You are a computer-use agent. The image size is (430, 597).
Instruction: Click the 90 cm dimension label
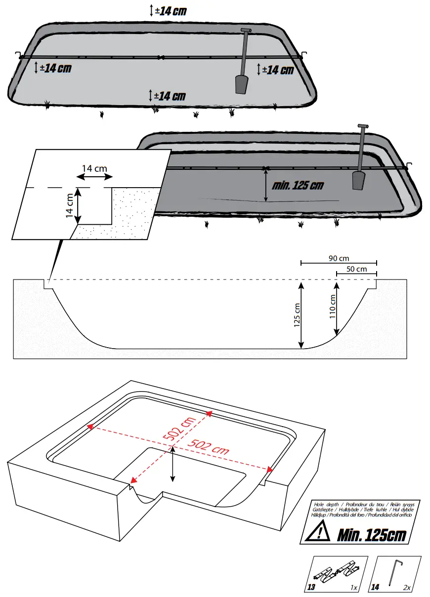point(339,258)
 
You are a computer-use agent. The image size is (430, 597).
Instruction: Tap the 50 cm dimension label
point(356,269)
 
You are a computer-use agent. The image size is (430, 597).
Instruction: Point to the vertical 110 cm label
point(332,306)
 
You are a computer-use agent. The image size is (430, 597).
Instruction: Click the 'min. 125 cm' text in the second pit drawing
point(298,186)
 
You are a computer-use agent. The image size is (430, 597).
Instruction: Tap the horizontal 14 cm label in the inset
point(94,168)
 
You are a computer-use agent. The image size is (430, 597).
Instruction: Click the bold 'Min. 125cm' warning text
point(371,534)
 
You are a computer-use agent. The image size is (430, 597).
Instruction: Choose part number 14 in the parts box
point(375,588)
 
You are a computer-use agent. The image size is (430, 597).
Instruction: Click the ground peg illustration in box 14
point(396,573)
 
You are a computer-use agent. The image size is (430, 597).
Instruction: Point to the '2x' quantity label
point(407,588)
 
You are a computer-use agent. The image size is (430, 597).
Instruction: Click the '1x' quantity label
point(353,588)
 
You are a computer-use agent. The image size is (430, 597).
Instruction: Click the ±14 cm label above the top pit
point(171,11)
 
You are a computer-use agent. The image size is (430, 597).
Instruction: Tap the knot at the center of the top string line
point(160,58)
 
